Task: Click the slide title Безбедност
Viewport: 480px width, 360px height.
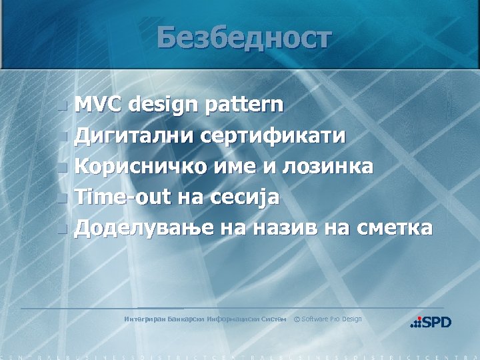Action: tap(244, 38)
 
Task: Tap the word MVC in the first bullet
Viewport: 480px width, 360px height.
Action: tap(98, 105)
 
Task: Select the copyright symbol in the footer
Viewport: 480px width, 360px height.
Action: tap(297, 319)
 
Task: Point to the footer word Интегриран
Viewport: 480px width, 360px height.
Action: tap(145, 319)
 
